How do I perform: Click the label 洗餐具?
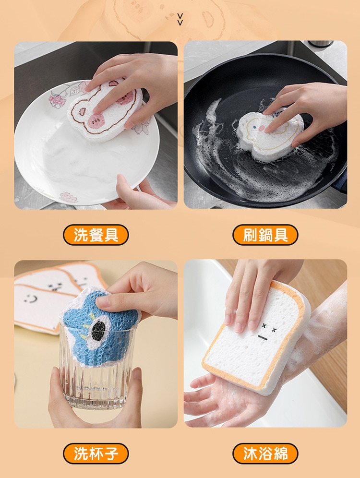tap(96, 235)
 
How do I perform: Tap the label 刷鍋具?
tap(265, 235)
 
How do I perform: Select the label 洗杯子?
tap(96, 454)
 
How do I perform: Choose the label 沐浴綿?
tap(265, 454)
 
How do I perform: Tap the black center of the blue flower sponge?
tap(98, 329)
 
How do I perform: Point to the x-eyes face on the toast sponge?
tap(268, 332)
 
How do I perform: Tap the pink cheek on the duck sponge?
tap(261, 129)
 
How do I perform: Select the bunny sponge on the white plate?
tap(105, 108)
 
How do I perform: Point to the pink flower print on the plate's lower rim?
tap(68, 197)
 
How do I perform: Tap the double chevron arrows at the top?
tap(180, 19)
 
